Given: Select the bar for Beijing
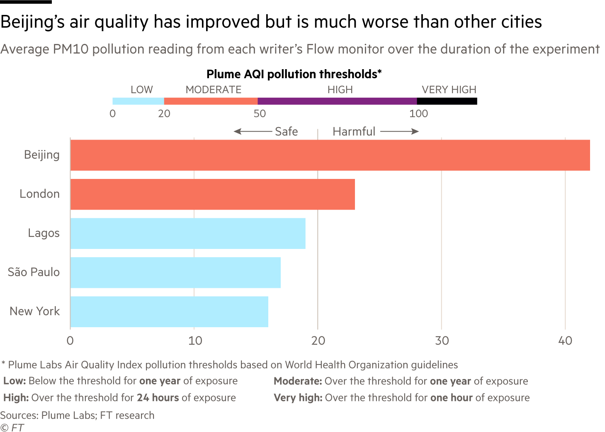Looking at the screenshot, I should (330, 155).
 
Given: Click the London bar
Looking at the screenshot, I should (212, 194).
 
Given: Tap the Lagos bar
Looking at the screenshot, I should (188, 234).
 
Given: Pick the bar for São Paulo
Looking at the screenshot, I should (175, 273).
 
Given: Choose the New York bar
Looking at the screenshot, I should (169, 311).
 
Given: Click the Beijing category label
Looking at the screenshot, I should (42, 155).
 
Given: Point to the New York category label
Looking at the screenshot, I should (35, 311).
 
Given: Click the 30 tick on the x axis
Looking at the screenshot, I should (442, 341).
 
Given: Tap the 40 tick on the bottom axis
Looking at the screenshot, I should (565, 341).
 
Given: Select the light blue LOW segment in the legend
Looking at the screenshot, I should (138, 101).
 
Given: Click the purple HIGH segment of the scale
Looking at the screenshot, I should (337, 101).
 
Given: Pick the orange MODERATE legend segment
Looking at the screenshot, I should (211, 101).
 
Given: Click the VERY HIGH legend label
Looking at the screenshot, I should (449, 90).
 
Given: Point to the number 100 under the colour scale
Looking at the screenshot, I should (418, 114).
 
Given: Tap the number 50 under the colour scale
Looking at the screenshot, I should (260, 114).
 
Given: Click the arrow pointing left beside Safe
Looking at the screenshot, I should (252, 132).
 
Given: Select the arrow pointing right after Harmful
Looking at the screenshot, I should (399, 132).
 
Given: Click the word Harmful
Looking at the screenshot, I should (354, 132).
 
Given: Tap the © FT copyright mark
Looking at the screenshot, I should (12, 427).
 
